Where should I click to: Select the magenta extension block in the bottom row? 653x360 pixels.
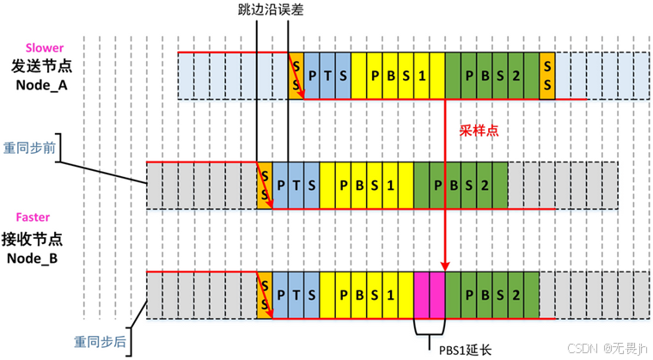(429, 296)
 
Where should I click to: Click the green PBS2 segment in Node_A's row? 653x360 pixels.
(492, 76)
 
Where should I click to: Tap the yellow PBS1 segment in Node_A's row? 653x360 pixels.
(398, 76)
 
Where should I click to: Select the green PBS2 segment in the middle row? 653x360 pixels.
(461, 185)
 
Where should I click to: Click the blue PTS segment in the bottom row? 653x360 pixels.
(296, 296)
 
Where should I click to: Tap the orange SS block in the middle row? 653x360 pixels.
(265, 185)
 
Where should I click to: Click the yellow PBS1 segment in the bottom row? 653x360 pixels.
(366, 296)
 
